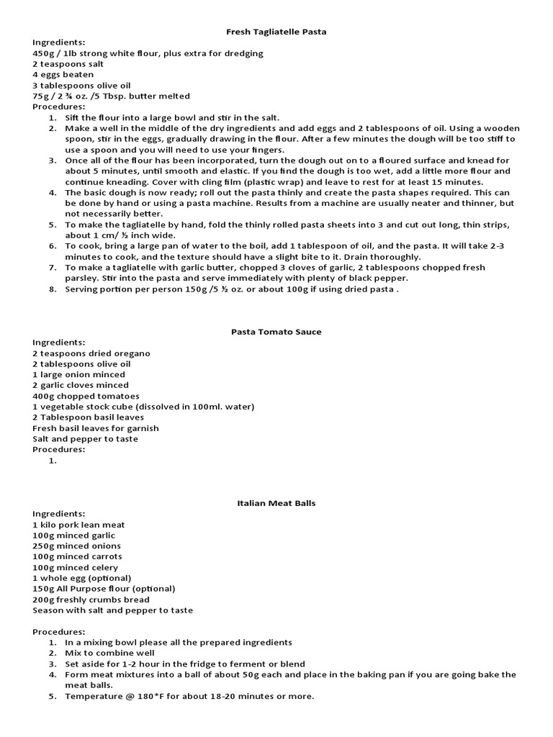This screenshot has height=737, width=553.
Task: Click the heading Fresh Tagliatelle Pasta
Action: (276, 32)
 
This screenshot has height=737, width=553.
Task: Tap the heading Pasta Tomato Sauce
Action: (276, 332)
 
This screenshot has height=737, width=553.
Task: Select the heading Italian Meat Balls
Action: (276, 503)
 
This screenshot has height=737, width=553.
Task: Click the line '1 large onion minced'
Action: (78, 374)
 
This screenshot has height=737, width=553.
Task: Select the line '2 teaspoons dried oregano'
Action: (91, 353)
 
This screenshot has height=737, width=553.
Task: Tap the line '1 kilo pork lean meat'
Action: (78, 525)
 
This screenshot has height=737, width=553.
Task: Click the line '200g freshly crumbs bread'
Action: (91, 600)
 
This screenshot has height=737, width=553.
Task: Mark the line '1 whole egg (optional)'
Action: (81, 578)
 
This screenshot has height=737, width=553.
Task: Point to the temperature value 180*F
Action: (141, 696)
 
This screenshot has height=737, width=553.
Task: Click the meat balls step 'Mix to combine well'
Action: (109, 653)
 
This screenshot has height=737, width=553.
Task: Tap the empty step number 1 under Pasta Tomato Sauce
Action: (53, 461)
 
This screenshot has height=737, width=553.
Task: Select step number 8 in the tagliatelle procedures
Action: (53, 289)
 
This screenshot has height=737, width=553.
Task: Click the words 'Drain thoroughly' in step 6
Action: (386, 257)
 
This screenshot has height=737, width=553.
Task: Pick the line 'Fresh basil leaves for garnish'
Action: (95, 428)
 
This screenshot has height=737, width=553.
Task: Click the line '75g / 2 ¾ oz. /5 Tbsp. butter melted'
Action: (111, 96)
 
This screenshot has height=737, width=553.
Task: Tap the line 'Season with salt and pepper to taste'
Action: (112, 610)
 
